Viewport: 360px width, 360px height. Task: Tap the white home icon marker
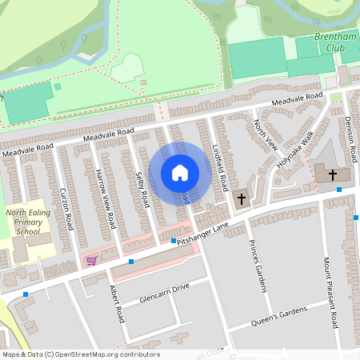point(180,173)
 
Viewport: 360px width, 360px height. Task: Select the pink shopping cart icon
point(91,260)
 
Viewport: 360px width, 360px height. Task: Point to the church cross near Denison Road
point(331,173)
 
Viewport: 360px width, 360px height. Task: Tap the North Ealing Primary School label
point(27,222)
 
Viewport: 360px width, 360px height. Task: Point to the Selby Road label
point(142,190)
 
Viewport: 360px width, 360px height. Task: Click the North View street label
point(265,134)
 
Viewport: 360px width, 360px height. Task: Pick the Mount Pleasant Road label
point(329,291)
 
